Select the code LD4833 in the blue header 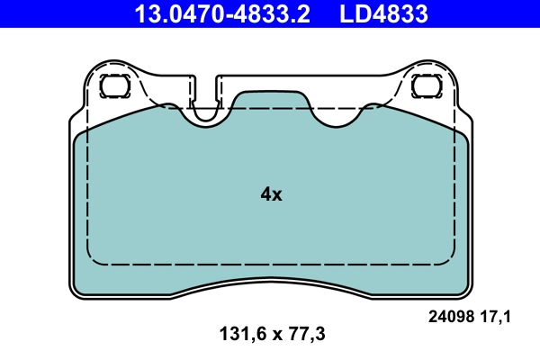pos(383,14)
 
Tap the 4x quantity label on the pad pos(271,193)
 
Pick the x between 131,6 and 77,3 pos(270,335)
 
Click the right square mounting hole pos(424,86)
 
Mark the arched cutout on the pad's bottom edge pos(270,282)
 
